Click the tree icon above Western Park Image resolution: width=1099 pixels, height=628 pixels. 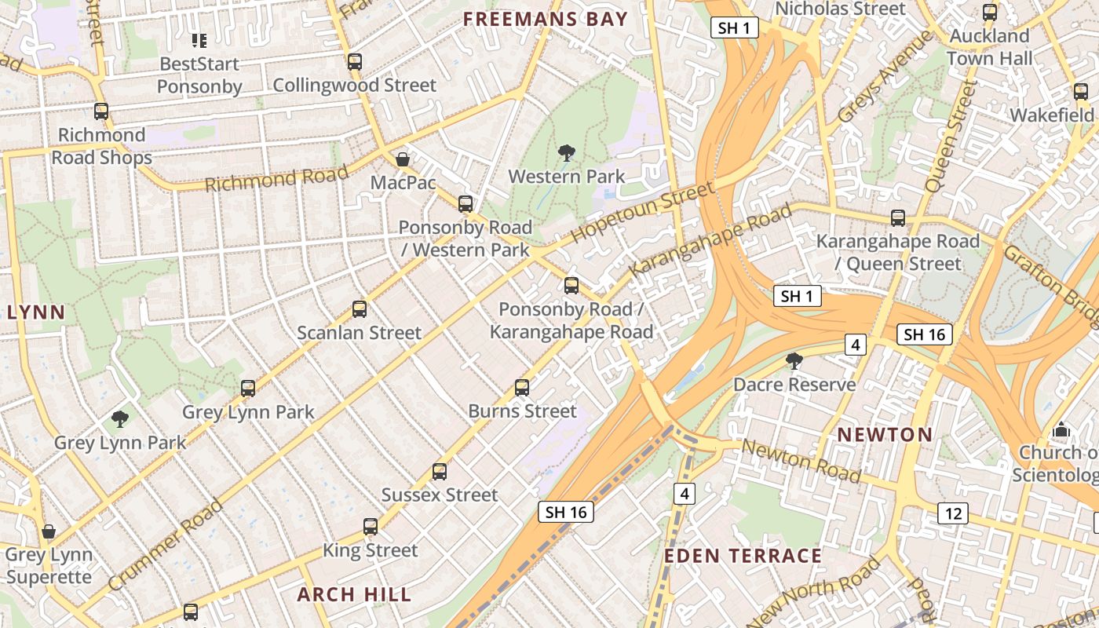pyautogui.click(x=565, y=152)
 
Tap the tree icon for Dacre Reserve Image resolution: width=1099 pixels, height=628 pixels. pyautogui.click(x=794, y=361)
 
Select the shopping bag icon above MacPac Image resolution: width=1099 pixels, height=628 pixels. pyautogui.click(x=403, y=159)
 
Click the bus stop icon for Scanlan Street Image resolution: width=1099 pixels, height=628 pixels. pyautogui.click(x=360, y=309)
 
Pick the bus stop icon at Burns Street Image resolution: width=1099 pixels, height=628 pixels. pyautogui.click(x=522, y=387)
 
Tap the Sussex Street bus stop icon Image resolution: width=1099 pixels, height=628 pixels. pyautogui.click(x=440, y=472)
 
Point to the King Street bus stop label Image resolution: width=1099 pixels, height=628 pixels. pyautogui.click(x=371, y=550)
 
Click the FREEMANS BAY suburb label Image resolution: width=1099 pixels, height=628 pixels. pyautogui.click(x=545, y=20)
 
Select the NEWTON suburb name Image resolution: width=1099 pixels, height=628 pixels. pyautogui.click(x=885, y=434)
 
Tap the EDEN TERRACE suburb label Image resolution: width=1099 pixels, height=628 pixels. pyautogui.click(x=743, y=556)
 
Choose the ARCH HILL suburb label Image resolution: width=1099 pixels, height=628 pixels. pyautogui.click(x=354, y=594)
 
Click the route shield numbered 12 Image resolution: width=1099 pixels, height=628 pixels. pyautogui.click(x=953, y=513)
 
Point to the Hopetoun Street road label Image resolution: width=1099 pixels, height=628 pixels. pyautogui.click(x=642, y=212)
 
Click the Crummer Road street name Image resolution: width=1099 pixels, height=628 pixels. pyautogui.click(x=166, y=545)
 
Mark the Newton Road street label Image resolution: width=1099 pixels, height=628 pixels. pyautogui.click(x=801, y=461)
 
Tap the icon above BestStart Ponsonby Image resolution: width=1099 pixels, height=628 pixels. pyautogui.click(x=199, y=40)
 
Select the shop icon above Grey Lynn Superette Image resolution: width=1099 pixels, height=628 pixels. pyautogui.click(x=49, y=531)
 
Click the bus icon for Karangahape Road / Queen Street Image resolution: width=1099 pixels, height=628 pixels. pyautogui.click(x=898, y=218)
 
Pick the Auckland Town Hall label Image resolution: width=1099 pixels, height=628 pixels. pyautogui.click(x=989, y=47)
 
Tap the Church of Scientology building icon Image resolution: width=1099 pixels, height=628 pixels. pyautogui.click(x=1061, y=429)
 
